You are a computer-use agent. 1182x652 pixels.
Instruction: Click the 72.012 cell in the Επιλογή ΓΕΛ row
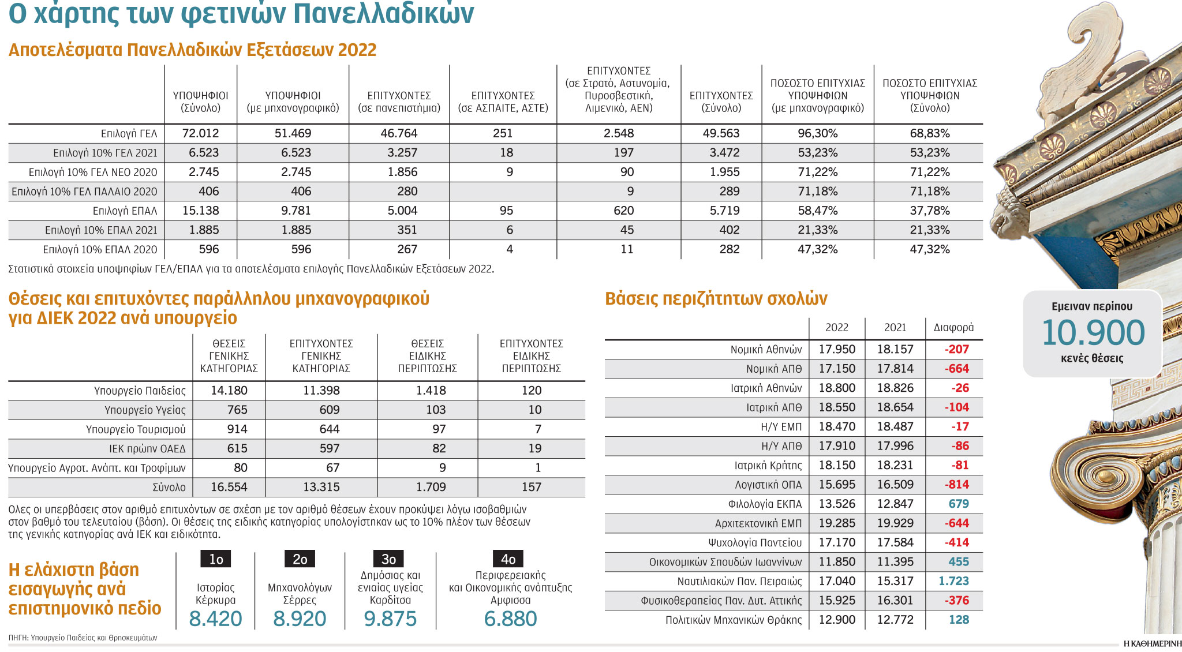(200, 133)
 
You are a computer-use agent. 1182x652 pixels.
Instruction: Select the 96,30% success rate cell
(817, 133)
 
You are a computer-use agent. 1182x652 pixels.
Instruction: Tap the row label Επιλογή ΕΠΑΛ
(125, 211)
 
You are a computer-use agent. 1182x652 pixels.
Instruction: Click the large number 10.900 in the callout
(1093, 333)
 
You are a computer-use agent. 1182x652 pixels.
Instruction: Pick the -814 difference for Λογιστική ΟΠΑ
(956, 485)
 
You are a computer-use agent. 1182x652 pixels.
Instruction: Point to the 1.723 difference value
(953, 581)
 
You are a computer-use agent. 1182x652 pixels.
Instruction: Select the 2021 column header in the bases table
(895, 328)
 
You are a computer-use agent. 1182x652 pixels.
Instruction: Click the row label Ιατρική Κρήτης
(768, 466)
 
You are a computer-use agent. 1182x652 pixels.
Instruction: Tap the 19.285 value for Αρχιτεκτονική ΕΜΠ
(837, 523)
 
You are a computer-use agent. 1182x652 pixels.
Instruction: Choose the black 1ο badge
(216, 559)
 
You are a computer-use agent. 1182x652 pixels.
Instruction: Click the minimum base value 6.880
(510, 619)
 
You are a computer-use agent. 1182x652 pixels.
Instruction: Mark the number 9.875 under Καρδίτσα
(390, 619)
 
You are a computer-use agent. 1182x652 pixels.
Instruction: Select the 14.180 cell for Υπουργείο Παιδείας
(229, 391)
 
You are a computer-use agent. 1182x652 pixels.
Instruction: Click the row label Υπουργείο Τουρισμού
(136, 429)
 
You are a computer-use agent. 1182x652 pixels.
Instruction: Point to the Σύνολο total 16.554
(229, 487)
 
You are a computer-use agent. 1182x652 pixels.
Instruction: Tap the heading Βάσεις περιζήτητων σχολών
(716, 298)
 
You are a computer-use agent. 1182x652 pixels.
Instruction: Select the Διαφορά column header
(953, 328)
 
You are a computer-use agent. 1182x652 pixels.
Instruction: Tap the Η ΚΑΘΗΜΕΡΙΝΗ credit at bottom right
(1152, 644)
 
